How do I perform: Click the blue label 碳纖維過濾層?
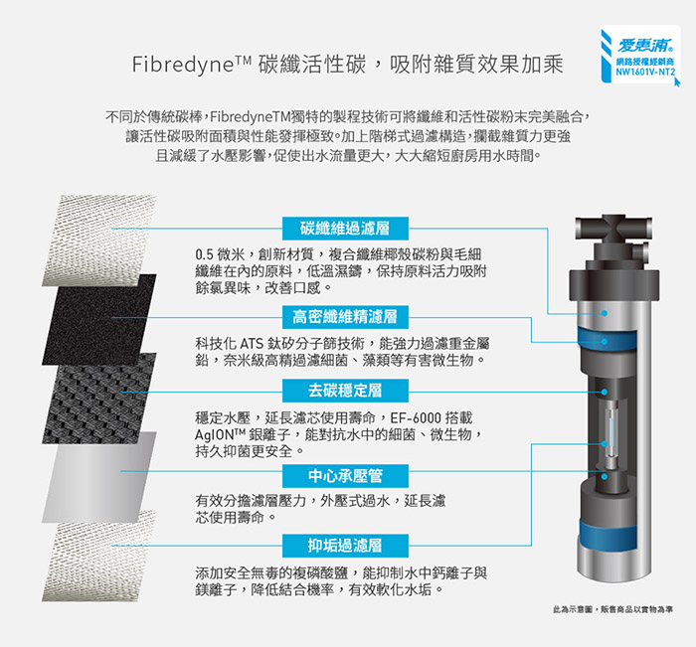coord(345,229)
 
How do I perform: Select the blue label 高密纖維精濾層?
coord(345,317)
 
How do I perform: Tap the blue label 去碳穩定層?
coord(345,391)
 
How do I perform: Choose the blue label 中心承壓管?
coord(345,476)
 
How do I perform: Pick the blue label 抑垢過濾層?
coord(345,546)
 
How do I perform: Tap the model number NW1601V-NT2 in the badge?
coord(645,72)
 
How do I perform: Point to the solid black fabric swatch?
coord(99,319)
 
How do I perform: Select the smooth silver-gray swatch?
coord(99,477)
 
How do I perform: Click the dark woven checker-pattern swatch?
coord(99,399)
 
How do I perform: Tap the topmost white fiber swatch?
coord(99,241)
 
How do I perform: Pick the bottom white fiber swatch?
coord(99,556)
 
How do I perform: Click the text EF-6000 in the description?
coord(416,418)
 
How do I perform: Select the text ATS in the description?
coord(253,344)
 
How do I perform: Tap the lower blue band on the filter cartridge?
coord(609,535)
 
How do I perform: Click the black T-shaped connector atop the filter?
coord(613,230)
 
